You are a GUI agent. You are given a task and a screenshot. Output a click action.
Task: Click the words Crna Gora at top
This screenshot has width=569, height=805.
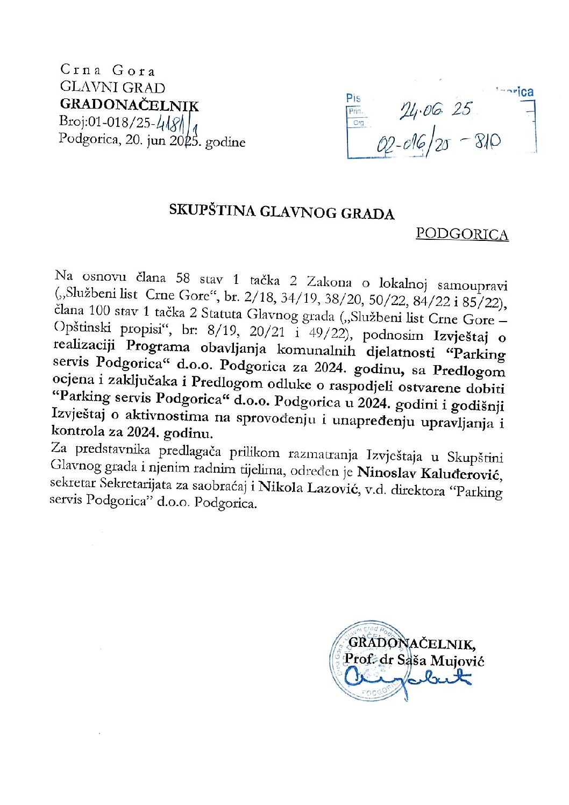point(108,70)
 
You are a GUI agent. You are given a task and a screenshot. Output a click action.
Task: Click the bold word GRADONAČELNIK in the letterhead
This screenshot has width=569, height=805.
point(129,105)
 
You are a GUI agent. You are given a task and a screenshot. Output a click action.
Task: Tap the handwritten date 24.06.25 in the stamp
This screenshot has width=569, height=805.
point(435,110)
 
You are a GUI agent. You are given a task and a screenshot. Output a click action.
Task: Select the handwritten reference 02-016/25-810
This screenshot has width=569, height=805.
point(438,143)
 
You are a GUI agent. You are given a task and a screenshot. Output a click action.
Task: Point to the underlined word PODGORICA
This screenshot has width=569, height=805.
point(462,234)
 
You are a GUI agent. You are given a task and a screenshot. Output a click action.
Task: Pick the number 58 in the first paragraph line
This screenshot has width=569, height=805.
point(183,278)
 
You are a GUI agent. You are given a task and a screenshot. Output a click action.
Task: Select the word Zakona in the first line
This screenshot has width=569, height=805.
point(329,282)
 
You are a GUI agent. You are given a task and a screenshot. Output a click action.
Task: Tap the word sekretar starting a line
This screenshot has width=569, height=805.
point(72,483)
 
